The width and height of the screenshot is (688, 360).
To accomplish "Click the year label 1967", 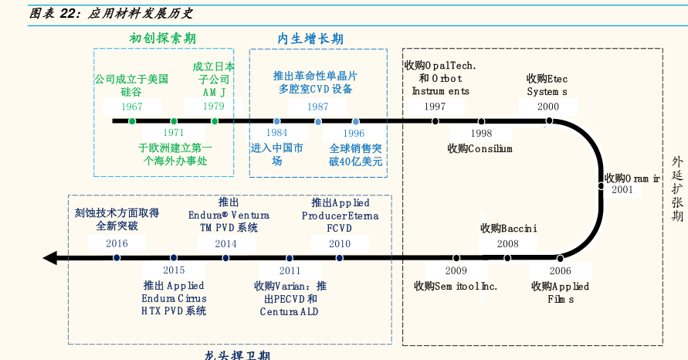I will (x=132, y=107).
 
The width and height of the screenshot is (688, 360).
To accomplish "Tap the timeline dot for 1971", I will (x=174, y=121).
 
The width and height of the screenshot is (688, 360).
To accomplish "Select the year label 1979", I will (x=214, y=107).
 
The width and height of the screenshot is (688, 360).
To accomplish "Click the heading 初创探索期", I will (x=162, y=38).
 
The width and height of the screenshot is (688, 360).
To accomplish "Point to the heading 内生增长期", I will (x=310, y=39).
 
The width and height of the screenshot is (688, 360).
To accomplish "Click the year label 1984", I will (x=276, y=134).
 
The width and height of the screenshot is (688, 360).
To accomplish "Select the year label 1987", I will (x=317, y=107).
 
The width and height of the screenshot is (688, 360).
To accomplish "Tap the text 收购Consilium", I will (x=480, y=148).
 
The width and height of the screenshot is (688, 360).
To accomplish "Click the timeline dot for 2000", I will (x=548, y=121).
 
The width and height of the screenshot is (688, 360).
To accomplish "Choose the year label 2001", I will (x=622, y=189).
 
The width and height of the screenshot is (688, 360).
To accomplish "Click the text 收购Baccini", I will (x=508, y=228).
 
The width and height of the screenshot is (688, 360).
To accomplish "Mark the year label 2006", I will (x=561, y=271).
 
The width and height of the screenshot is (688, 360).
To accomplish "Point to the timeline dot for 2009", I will (x=456, y=258).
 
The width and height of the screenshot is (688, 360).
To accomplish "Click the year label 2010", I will (x=340, y=243).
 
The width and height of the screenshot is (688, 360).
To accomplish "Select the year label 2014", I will (x=225, y=243).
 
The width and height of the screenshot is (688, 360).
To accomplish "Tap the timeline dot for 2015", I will (x=174, y=258).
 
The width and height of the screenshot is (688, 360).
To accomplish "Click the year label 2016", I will (x=117, y=243).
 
